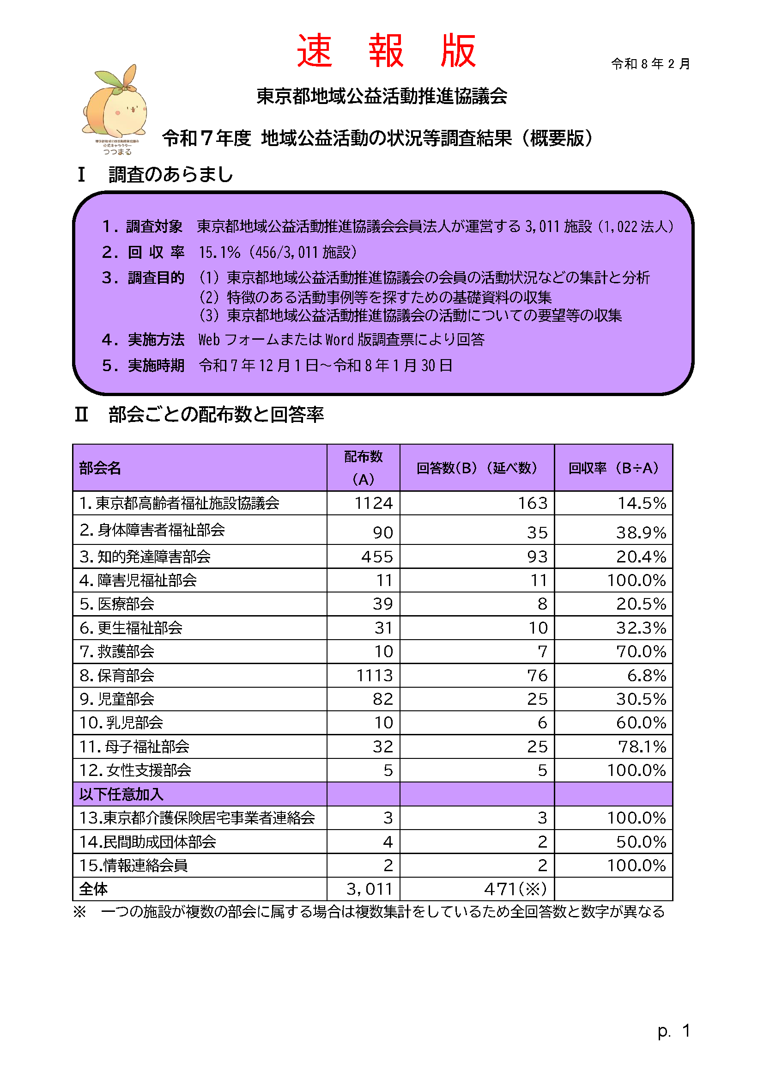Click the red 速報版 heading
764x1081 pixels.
pos(386,51)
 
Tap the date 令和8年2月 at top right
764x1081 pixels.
pos(650,64)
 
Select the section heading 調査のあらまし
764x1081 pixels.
pos(170,175)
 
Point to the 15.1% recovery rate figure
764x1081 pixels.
pos(219,253)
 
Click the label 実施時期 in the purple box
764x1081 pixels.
pos(156,366)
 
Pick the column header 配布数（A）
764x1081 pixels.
pos(363,468)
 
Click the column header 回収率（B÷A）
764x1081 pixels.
pos(613,468)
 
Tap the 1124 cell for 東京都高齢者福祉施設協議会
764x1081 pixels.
pos(373,503)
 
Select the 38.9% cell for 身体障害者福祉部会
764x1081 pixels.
pos(641,532)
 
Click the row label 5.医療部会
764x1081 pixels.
pos(117,604)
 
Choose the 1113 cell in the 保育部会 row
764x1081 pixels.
pos(374,676)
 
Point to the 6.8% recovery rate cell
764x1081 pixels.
pos(646,676)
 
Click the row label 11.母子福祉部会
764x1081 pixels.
pos(134,747)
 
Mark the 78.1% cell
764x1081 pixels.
pos(642,747)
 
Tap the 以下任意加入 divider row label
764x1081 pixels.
pos(121,794)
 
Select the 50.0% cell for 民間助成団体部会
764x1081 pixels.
pos(641,842)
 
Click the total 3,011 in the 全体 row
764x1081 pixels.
pos(370,889)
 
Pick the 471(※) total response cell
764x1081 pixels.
pos(515,889)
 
